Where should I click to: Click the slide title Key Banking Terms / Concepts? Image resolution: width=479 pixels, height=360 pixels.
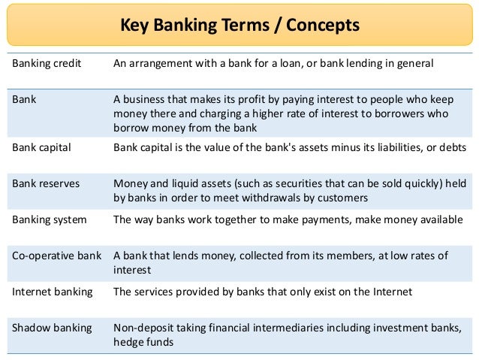click(239, 26)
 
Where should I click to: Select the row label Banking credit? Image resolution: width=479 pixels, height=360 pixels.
click(47, 64)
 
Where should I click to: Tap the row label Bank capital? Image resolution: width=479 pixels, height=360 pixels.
click(41, 147)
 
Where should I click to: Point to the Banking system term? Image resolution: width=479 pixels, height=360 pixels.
click(49, 220)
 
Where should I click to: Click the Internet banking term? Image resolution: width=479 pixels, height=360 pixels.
click(52, 292)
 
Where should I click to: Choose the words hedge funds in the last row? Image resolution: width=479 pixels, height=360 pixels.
click(143, 342)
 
